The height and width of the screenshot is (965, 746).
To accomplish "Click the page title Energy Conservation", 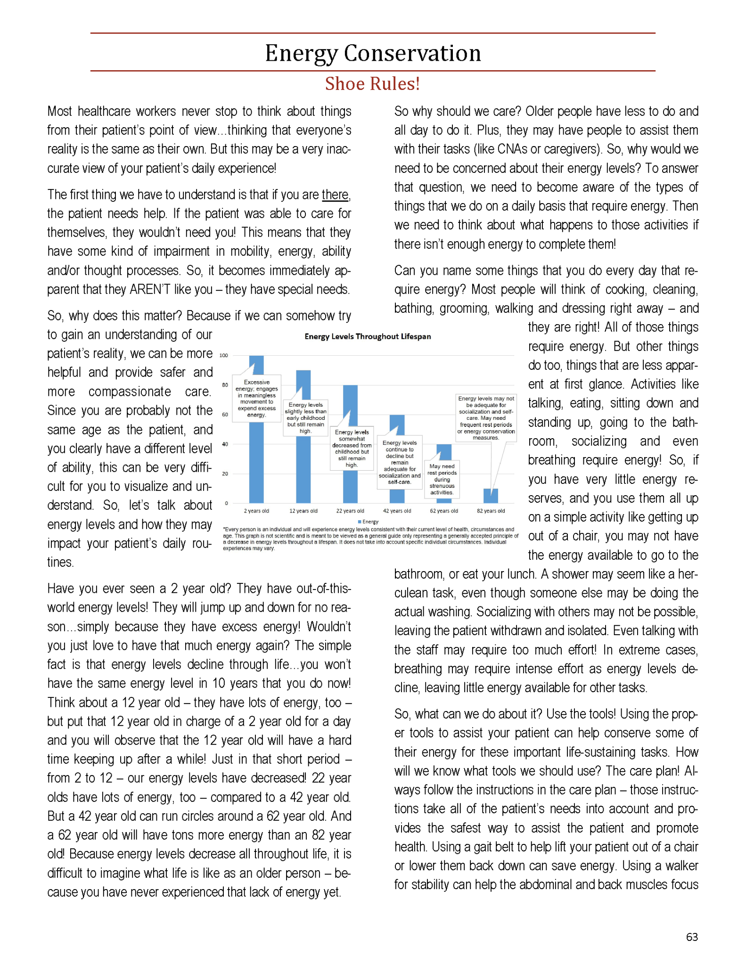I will [373, 53].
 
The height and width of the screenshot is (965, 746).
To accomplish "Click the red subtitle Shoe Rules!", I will [372, 84].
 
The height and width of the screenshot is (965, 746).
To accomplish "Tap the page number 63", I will [692, 937].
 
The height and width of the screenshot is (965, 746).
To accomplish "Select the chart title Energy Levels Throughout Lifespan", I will [368, 336].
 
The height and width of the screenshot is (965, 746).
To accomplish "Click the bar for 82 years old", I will [491, 496].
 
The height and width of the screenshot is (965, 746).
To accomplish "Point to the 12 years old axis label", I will [303, 511].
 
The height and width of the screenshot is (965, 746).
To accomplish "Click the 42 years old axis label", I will [397, 511].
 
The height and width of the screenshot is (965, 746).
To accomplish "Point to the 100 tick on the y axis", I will [224, 356].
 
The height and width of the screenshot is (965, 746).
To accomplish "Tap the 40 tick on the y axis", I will [225, 444].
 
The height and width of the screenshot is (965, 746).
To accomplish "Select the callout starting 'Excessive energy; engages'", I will [257, 399].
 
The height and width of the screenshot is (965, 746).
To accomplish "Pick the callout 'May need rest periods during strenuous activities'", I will [442, 479].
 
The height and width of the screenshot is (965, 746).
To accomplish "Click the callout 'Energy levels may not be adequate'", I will [486, 418].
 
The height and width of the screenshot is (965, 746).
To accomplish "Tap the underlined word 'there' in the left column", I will [335, 195].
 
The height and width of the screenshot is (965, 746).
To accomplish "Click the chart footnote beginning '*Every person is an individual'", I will [370, 539].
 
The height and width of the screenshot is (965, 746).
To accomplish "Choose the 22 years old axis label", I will [350, 511].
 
